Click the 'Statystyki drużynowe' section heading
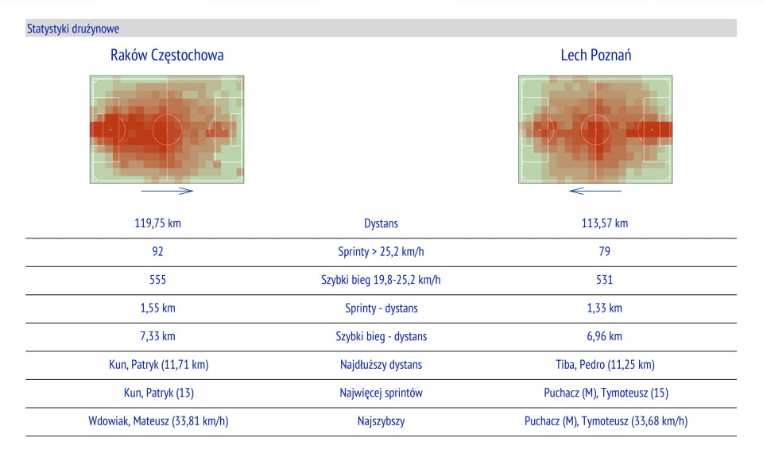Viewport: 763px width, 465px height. [73, 29]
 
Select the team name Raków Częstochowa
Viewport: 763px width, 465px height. [167, 55]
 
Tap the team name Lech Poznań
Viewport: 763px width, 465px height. [596, 55]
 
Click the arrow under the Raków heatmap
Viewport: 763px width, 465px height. [167, 191]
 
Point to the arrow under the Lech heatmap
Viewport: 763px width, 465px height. [596, 191]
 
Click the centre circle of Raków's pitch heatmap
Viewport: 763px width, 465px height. [167, 129]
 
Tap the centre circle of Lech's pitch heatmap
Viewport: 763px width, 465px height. [595, 129]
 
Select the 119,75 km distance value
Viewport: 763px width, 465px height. [158, 223]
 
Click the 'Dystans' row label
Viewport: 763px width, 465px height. [381, 223]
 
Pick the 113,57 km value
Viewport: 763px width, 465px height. [604, 223]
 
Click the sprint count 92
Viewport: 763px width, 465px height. [158, 252]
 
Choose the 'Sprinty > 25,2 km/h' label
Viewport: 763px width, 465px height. [381, 252]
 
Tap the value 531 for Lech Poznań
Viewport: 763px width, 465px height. [604, 280]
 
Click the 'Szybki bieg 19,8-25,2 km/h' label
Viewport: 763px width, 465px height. [381, 280]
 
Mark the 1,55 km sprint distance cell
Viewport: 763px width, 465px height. [158, 308]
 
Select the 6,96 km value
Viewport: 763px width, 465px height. [604, 336]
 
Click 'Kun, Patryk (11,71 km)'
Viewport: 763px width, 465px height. [158, 365]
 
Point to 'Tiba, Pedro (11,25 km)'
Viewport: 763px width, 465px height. [604, 365]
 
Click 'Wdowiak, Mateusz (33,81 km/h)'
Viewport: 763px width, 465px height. [158, 421]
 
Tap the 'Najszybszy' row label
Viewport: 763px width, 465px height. [381, 421]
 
